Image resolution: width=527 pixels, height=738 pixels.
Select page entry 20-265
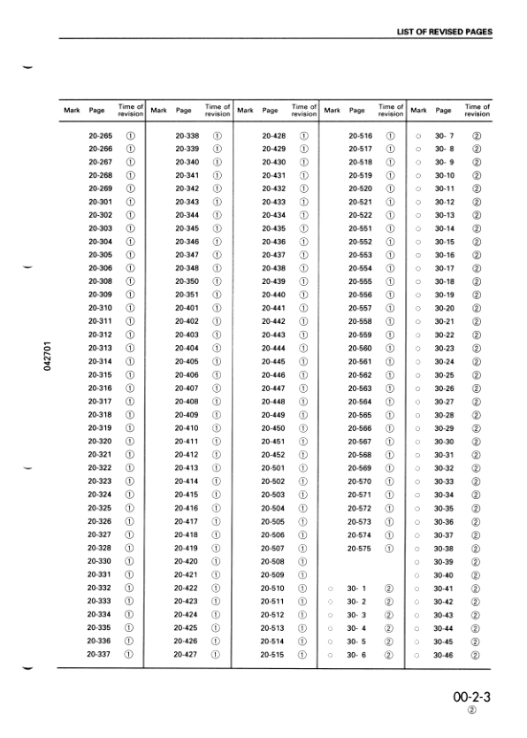[x=100, y=135]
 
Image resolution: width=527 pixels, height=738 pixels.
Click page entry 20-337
[x=100, y=654]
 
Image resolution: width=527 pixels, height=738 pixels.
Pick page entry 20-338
[x=187, y=135]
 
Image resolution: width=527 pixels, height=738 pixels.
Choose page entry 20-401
[x=187, y=308]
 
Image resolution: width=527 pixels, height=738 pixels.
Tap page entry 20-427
[x=187, y=654]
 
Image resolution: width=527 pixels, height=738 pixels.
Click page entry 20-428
[x=273, y=135]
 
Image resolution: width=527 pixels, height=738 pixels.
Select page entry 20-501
[x=273, y=467]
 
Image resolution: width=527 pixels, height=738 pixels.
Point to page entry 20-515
[x=273, y=654]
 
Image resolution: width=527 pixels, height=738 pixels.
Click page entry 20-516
[x=360, y=135]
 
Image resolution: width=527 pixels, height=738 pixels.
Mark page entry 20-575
[x=360, y=548]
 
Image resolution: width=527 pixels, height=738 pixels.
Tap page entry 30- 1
[x=357, y=588]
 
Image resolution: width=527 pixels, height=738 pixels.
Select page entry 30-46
[x=444, y=654]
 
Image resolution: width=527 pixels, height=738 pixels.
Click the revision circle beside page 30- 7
[x=476, y=135]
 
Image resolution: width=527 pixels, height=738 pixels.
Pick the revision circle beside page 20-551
[x=390, y=228]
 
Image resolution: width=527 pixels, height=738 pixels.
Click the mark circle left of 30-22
[x=416, y=334]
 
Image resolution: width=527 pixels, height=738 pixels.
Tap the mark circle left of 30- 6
[x=329, y=654]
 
